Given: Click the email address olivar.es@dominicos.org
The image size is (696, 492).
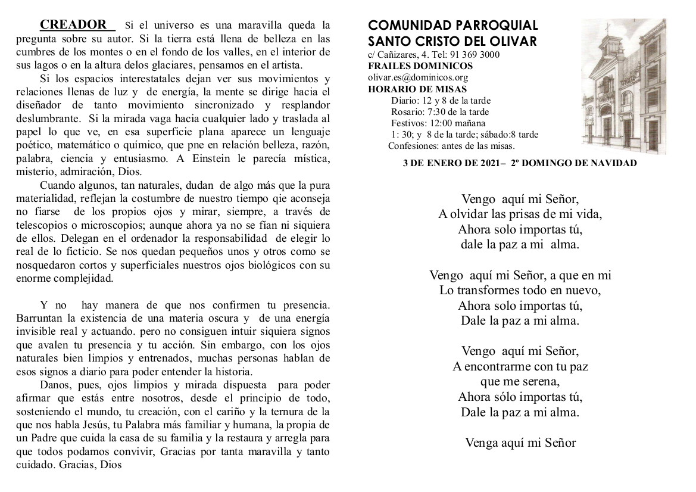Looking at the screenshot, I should [x=418, y=77].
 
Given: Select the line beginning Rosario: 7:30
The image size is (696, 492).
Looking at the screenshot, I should [x=440, y=112].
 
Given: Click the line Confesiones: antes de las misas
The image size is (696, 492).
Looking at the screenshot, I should [x=451, y=145].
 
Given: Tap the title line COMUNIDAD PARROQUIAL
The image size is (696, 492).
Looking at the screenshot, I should [x=453, y=26].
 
